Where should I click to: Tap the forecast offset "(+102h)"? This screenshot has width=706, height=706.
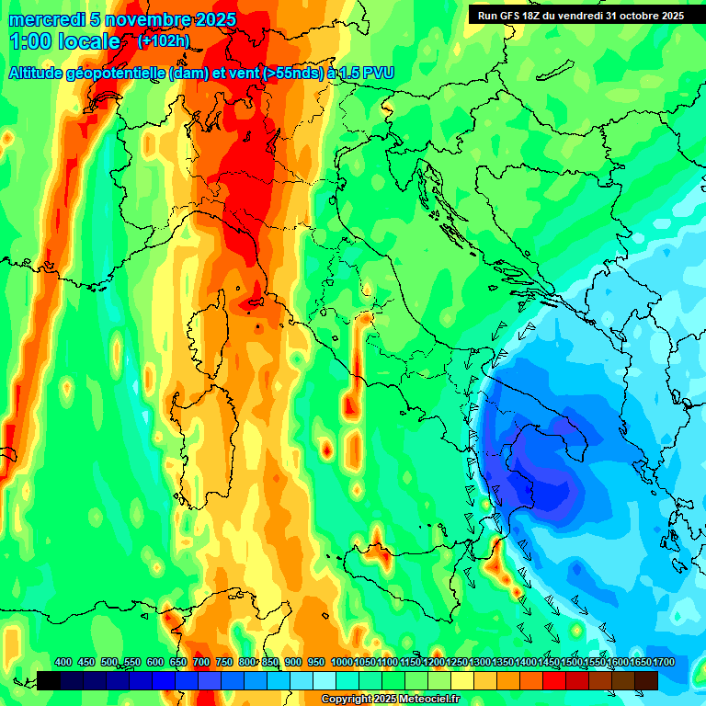pos(164,41)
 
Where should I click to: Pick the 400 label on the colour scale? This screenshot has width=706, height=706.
pos(63,663)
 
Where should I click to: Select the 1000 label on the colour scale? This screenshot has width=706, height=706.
pos(341,663)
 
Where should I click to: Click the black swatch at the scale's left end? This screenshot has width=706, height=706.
pos(49,680)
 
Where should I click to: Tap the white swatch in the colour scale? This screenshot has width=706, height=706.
pos(325,680)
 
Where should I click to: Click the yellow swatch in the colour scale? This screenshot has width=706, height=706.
pos(462,680)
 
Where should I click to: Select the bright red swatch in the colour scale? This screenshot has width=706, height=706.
pos(554,680)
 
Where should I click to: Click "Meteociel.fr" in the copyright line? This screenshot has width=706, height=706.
pos(422,700)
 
